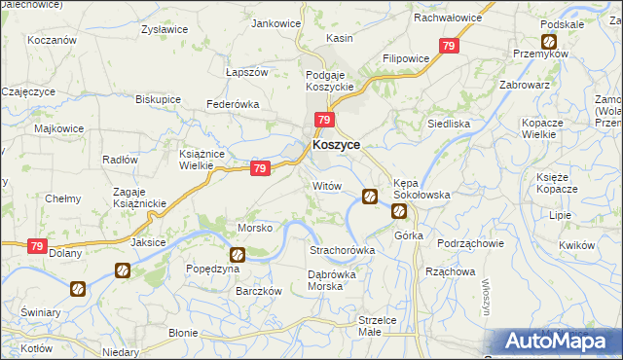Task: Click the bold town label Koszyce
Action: (x=337, y=144)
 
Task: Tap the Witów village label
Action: (x=326, y=185)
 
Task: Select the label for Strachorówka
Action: (x=342, y=250)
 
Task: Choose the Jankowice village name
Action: (x=275, y=23)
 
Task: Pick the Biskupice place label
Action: (x=158, y=99)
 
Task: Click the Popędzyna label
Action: (x=212, y=268)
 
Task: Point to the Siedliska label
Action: (x=450, y=125)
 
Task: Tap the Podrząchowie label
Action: (x=469, y=243)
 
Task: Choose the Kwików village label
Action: (x=577, y=245)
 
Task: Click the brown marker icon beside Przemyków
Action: (x=549, y=42)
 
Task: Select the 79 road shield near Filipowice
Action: (x=449, y=46)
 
